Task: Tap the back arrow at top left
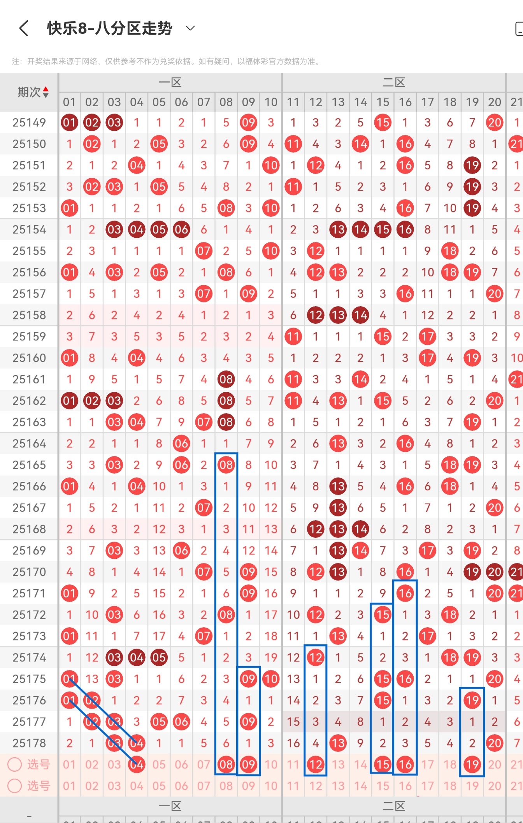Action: (24, 28)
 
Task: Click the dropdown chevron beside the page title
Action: (190, 28)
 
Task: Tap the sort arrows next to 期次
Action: (46, 92)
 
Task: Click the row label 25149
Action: (29, 123)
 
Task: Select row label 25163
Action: (29, 422)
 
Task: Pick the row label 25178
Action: (29, 743)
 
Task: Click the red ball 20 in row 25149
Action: (495, 123)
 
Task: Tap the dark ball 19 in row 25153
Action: (472, 208)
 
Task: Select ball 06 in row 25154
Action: (181, 230)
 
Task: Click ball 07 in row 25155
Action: (204, 251)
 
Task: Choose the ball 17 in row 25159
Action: (427, 337)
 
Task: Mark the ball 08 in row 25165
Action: (226, 465)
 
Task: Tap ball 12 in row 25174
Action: (316, 658)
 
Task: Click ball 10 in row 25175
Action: (271, 679)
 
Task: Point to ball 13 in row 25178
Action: (338, 743)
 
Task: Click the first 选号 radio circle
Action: (15, 765)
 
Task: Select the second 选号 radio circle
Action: (15, 786)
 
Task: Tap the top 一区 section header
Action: (170, 82)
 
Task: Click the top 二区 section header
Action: (394, 82)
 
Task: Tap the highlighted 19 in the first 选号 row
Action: (472, 765)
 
